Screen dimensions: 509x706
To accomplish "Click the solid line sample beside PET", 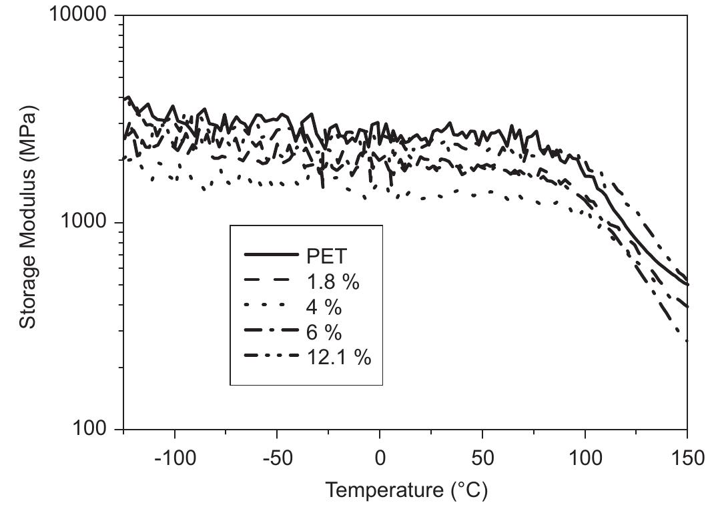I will coord(270,255).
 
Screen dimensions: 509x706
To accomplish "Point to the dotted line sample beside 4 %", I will coord(270,306).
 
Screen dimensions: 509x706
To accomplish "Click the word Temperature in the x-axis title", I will coord(382,490).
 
